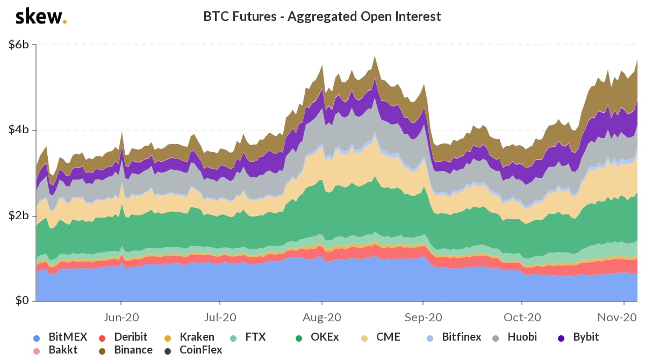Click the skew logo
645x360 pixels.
(x=40, y=17)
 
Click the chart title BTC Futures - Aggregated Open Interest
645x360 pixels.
(x=322, y=17)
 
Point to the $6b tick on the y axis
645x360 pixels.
(x=19, y=45)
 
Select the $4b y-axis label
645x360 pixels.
(x=19, y=131)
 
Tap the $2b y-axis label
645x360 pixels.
(x=19, y=216)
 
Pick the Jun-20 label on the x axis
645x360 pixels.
(x=121, y=317)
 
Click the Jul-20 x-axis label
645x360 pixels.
(x=221, y=317)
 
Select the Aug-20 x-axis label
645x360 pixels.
(x=321, y=317)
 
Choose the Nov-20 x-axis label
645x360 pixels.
(x=621, y=317)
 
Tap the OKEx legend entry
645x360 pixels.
(x=317, y=338)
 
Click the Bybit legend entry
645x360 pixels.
(x=578, y=338)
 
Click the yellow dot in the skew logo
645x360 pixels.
(x=65, y=22)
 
